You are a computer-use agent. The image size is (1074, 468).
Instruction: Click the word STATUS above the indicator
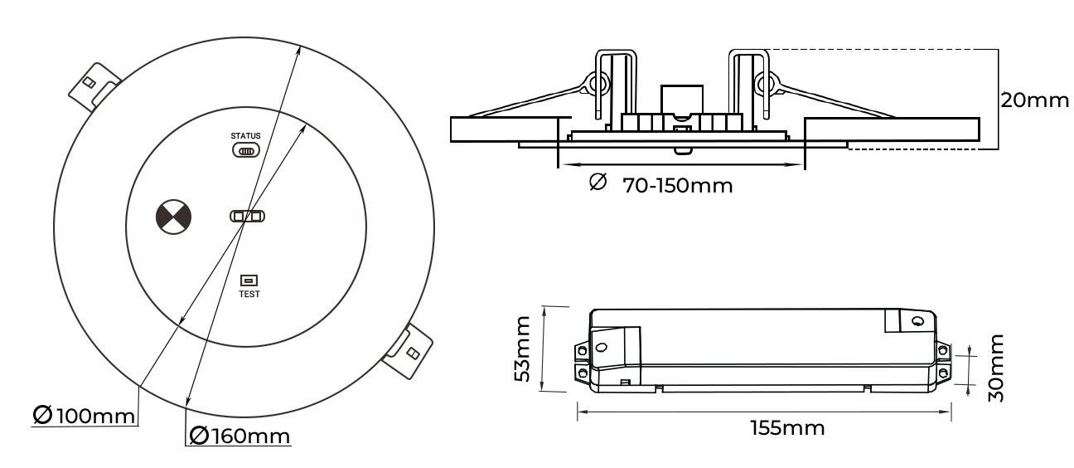[245, 135]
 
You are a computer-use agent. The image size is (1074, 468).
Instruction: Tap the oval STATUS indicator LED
[246, 150]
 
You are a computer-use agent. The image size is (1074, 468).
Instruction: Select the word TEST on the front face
[249, 294]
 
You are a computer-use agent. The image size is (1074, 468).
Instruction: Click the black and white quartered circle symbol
[174, 217]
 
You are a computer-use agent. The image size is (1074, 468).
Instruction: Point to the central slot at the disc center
[248, 217]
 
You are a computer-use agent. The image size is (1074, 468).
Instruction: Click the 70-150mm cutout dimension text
[677, 185]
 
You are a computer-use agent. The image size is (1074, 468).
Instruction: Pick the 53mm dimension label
[522, 348]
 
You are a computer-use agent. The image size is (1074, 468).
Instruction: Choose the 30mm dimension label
[998, 368]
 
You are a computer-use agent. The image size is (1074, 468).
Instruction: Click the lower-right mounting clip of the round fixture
[409, 350]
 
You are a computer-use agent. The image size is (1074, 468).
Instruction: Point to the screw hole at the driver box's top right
[917, 319]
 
